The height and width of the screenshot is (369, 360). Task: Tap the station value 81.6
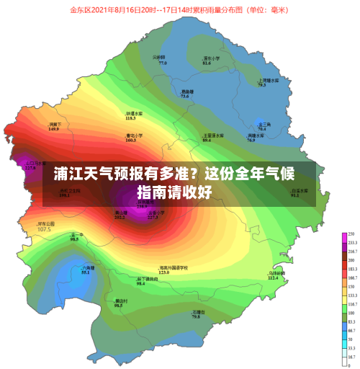click(207, 63)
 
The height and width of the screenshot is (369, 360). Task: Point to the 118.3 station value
click(130, 118)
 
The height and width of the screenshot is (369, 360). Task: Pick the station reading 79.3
click(262, 85)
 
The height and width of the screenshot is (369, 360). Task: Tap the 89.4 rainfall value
click(207, 140)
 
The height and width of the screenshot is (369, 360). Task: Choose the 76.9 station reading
click(251, 140)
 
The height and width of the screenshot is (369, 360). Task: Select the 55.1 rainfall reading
click(84, 272)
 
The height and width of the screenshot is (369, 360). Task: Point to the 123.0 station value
click(163, 272)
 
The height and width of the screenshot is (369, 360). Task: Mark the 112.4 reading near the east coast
click(273, 277)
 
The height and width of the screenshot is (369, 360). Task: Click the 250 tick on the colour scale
click(351, 235)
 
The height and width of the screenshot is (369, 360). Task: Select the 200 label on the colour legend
click(351, 259)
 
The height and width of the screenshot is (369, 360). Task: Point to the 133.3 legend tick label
click(352, 295)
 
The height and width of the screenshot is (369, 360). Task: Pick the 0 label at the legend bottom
click(350, 365)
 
